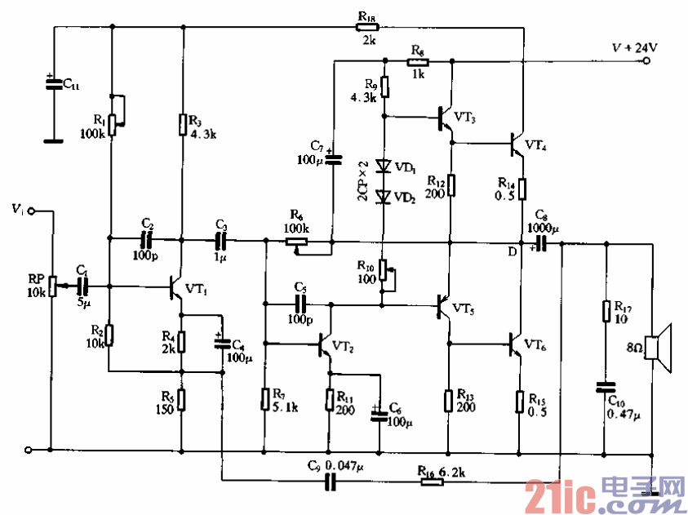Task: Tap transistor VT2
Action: coord(324,345)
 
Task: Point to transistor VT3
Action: coord(445,118)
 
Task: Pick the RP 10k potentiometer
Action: coord(53,286)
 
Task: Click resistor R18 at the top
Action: coord(366,27)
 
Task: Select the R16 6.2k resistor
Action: coord(432,482)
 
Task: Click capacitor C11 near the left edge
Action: coord(54,84)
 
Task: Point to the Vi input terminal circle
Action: coord(31,211)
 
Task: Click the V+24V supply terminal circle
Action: coord(646,61)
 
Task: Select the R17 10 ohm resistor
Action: coord(606,312)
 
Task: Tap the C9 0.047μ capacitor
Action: coord(331,482)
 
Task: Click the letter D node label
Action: coord(512,251)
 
